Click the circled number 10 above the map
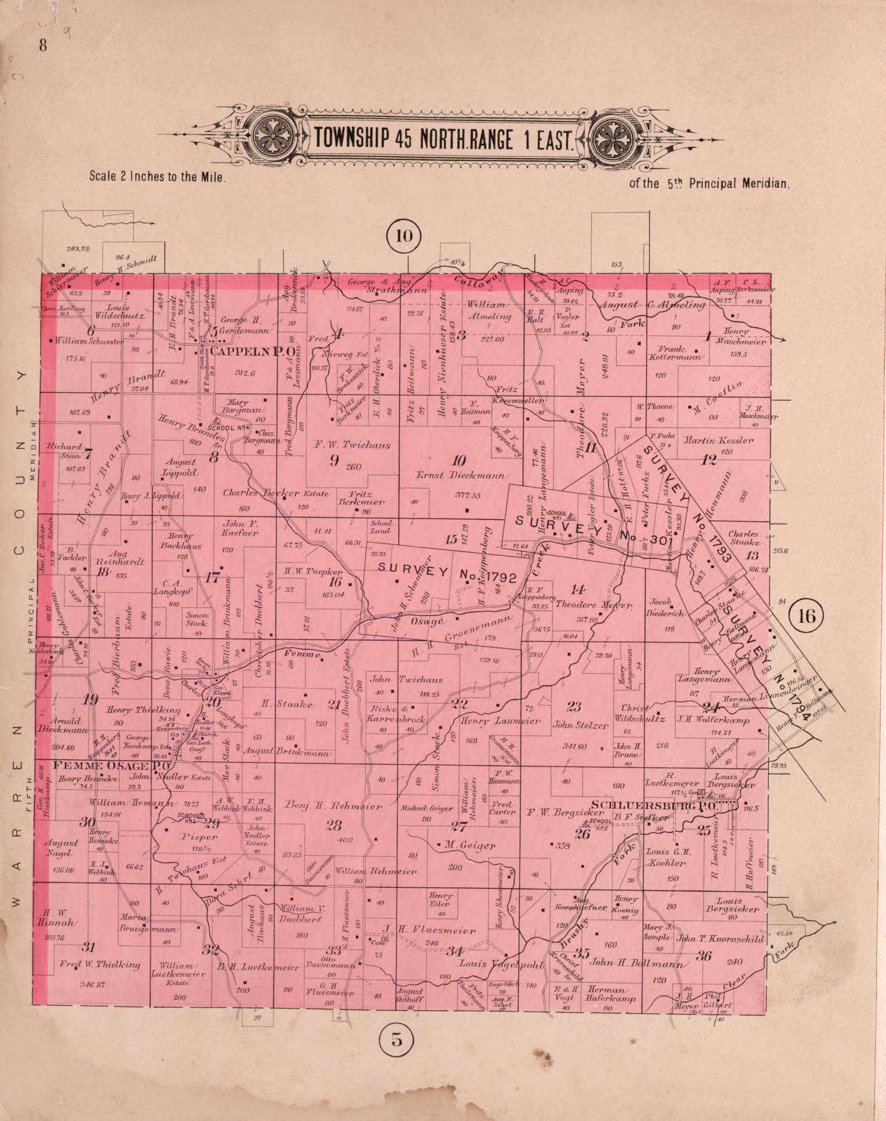(404, 236)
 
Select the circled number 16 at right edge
(808, 616)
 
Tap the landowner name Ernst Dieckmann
(461, 476)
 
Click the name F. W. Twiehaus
(352, 445)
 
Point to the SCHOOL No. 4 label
(229, 428)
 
